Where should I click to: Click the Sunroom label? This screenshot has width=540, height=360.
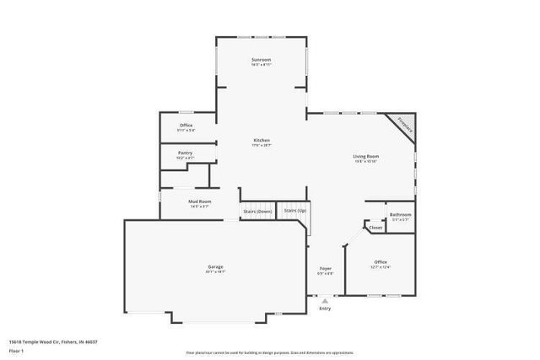tap(262, 60)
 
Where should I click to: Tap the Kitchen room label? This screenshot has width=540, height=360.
tap(262, 140)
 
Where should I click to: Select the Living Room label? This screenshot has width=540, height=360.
tap(365, 156)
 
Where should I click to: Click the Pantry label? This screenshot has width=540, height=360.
tap(185, 153)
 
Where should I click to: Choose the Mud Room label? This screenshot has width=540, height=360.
tap(200, 201)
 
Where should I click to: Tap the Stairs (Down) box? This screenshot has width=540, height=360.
tap(257, 211)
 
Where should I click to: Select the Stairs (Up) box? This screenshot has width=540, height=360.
tap(294, 210)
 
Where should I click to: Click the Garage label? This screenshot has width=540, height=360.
tap(215, 267)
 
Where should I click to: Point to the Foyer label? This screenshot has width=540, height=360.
tap(325, 269)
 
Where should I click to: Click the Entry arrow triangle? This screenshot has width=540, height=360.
tap(325, 300)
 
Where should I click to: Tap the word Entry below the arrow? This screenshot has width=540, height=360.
tap(325, 309)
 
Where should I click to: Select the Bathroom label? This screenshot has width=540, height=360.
tap(401, 214)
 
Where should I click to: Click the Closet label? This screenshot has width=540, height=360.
tap(375, 227)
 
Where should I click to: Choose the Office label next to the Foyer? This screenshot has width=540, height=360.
tap(381, 263)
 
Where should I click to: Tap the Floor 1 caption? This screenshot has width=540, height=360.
tap(16, 350)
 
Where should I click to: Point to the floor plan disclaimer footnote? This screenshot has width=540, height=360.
tap(269, 352)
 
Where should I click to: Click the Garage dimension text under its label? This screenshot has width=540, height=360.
tap(215, 272)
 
